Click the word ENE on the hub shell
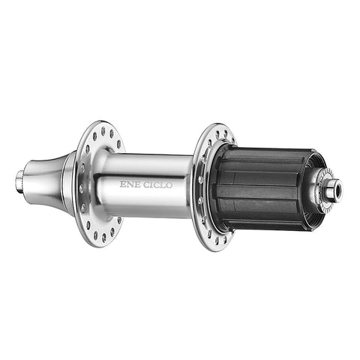(x=130, y=182)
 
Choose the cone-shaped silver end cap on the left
(x=45, y=176)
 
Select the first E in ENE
(x=123, y=182)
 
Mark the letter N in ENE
(x=130, y=182)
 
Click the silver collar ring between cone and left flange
(x=68, y=178)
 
